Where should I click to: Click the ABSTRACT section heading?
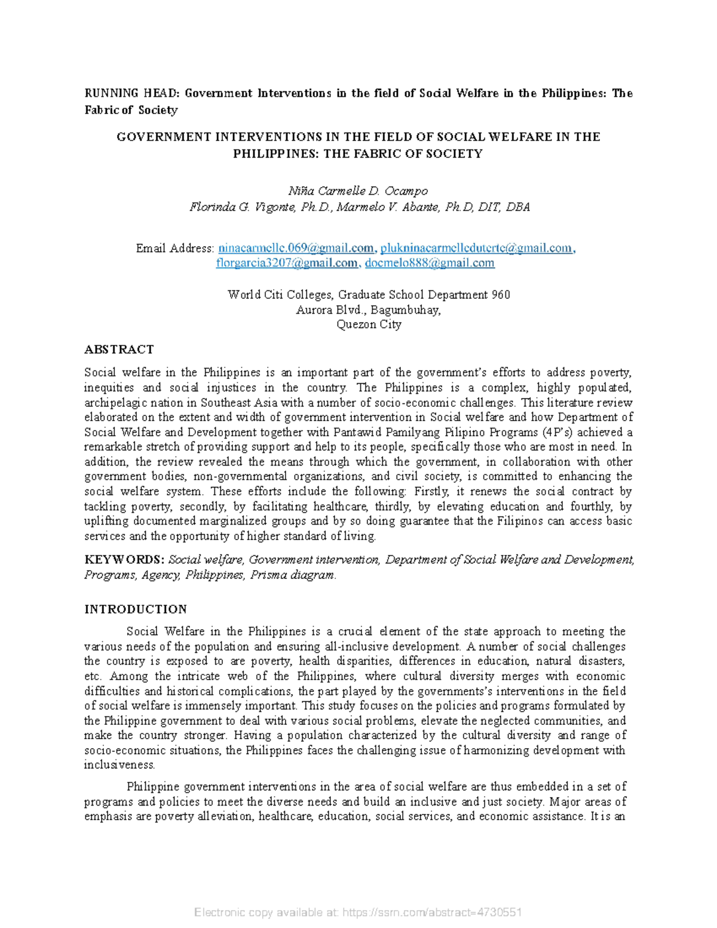point(119,350)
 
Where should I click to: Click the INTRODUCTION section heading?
point(136,610)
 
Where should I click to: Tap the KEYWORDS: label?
point(124,560)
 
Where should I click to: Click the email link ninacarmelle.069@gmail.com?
point(296,248)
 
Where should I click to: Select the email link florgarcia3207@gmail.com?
point(287,263)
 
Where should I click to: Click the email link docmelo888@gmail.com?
point(430,263)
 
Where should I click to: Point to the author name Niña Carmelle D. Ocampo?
point(358,191)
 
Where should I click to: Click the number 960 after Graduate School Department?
point(501,295)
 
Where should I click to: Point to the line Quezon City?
point(369,324)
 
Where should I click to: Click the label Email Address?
point(174,248)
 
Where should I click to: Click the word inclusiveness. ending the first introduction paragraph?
point(119,765)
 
